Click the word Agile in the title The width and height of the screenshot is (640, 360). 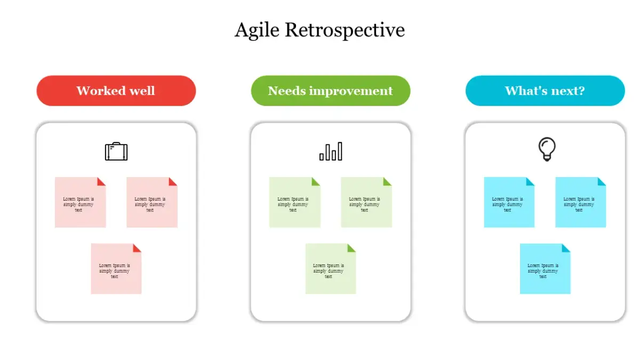click(x=257, y=30)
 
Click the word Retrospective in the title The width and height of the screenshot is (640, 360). click(x=345, y=30)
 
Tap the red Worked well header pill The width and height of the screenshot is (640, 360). click(x=116, y=91)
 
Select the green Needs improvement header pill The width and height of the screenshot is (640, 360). click(x=330, y=91)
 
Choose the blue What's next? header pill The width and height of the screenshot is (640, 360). click(x=545, y=91)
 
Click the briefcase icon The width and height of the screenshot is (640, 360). click(x=116, y=151)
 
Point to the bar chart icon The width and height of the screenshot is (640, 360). click(x=331, y=151)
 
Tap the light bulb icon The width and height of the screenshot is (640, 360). click(x=547, y=149)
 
